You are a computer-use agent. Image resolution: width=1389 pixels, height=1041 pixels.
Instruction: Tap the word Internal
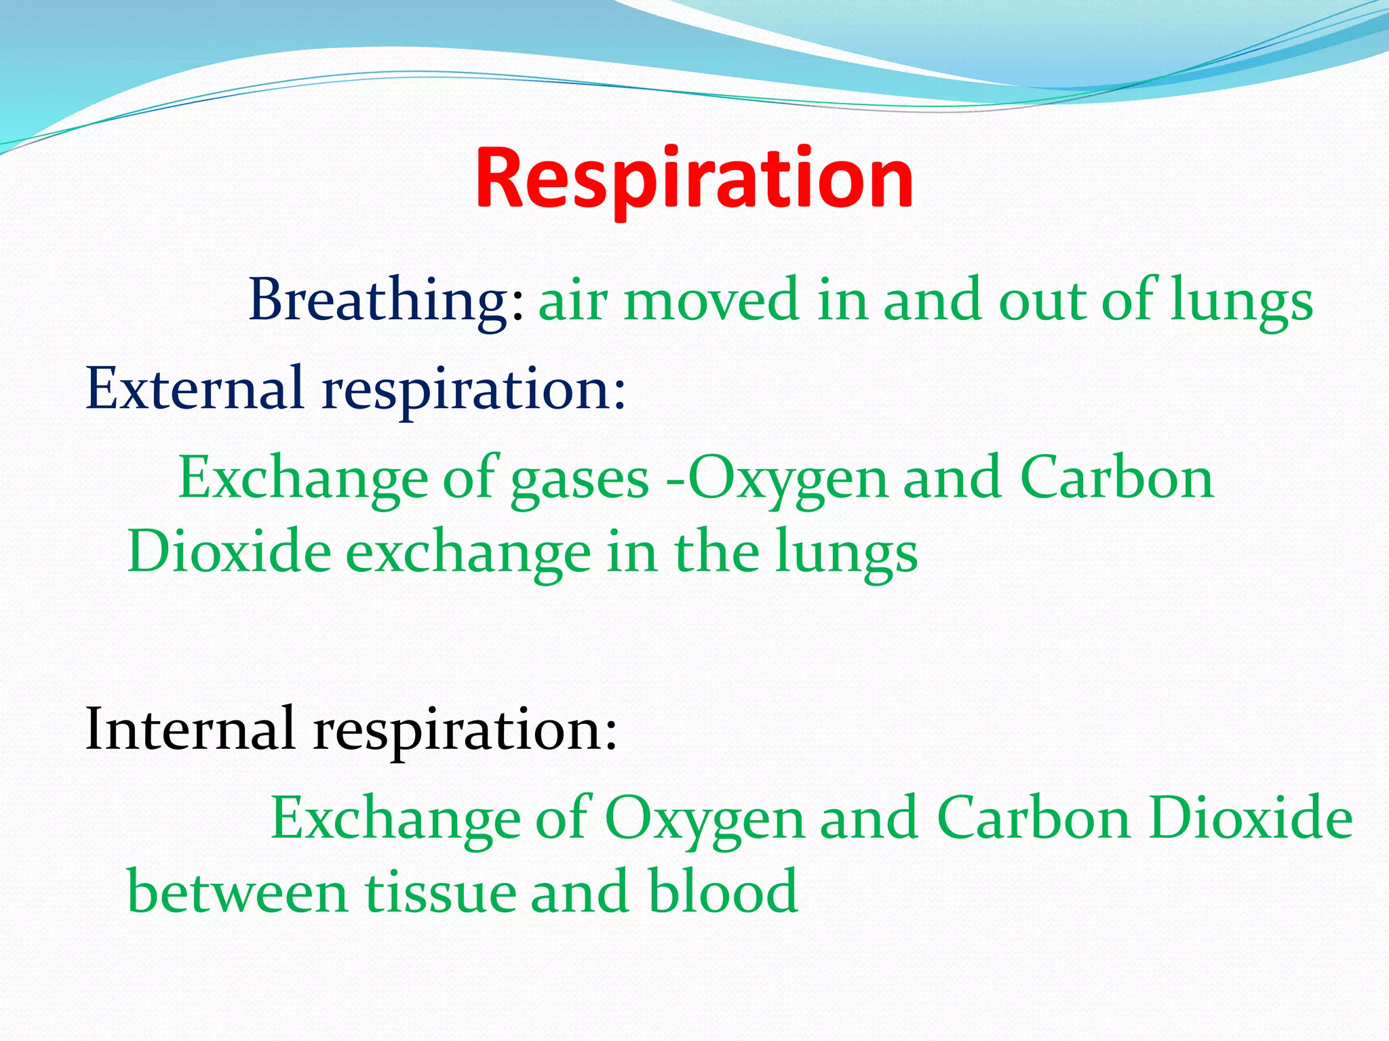point(191,729)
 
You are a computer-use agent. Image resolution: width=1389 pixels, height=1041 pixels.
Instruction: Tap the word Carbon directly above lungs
point(1116,478)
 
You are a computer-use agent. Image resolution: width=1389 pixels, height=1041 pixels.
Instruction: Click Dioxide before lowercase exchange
point(229,552)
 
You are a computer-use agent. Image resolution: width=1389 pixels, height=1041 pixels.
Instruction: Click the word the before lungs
point(717,552)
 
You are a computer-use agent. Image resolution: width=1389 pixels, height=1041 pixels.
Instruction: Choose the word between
point(237,892)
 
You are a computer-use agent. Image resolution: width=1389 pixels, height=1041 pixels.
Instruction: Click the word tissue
point(440,892)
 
